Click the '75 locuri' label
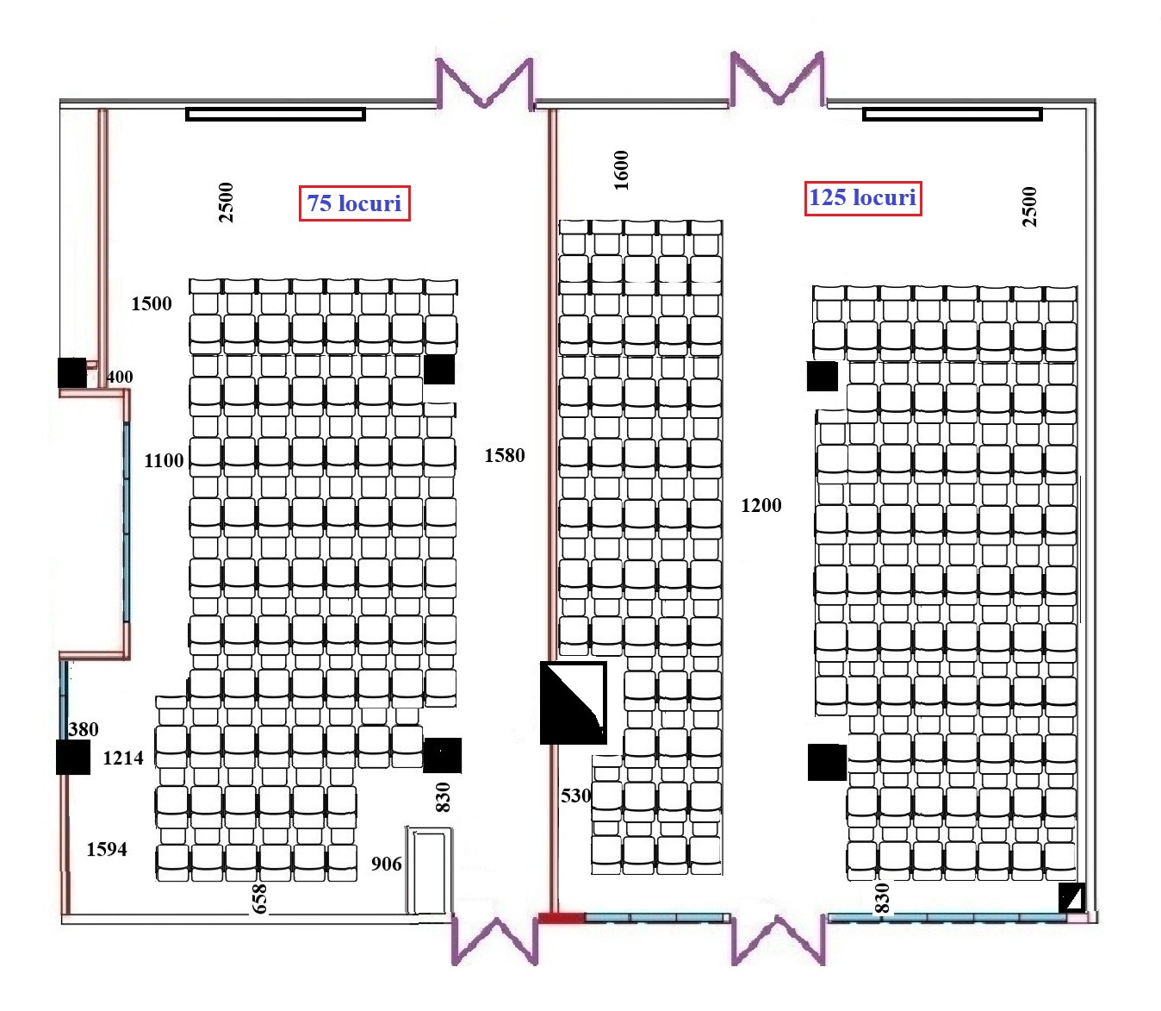point(354,203)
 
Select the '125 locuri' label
point(862,197)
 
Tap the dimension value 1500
point(152,303)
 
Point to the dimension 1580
point(504,455)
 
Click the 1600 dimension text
point(621,170)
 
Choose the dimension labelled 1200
point(761,505)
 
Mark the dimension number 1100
point(164,460)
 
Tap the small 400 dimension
point(120,377)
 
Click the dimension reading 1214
point(123,758)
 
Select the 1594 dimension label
point(107,849)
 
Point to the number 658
point(259,898)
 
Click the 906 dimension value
point(386,864)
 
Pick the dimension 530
point(575,796)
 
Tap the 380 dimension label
point(84,729)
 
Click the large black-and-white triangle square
point(573,702)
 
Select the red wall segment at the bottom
point(561,918)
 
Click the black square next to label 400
point(72,372)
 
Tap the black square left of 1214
point(73,758)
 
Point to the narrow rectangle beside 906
point(429,871)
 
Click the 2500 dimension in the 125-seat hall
point(1029,207)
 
